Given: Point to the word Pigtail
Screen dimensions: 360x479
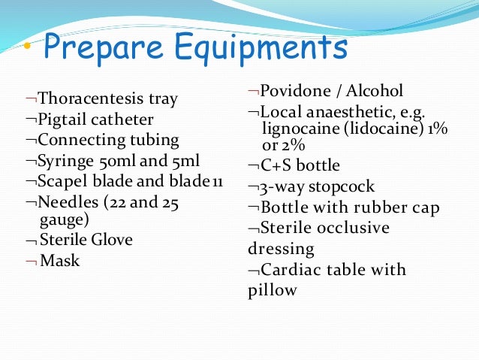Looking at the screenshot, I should (x=62, y=119).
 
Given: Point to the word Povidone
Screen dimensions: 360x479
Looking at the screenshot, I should (x=294, y=92).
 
